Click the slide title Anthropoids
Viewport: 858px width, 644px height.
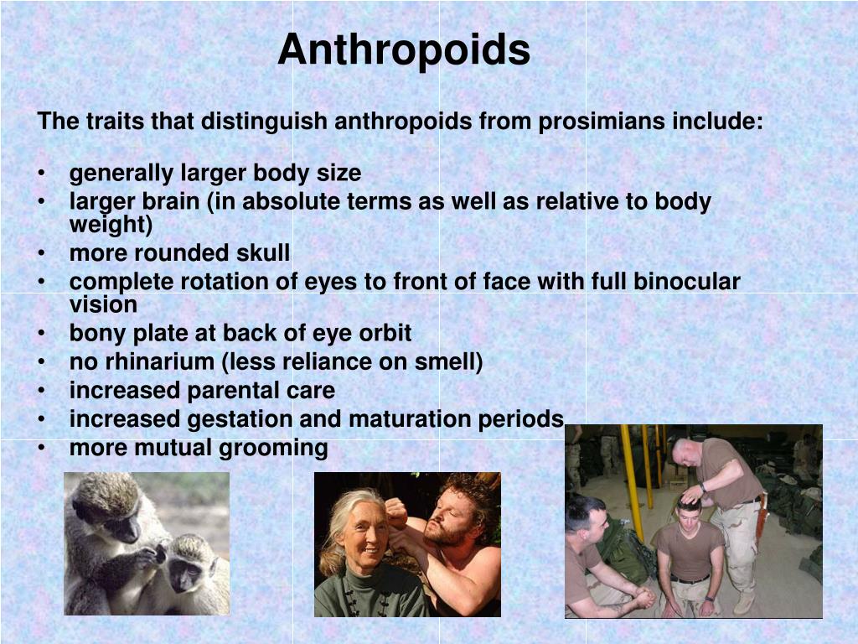coord(404,49)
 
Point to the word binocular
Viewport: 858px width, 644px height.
coord(687,282)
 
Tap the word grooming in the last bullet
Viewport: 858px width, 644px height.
coord(273,448)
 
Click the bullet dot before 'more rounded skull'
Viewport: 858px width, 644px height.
coord(41,253)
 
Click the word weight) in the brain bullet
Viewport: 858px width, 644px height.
coord(111,225)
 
